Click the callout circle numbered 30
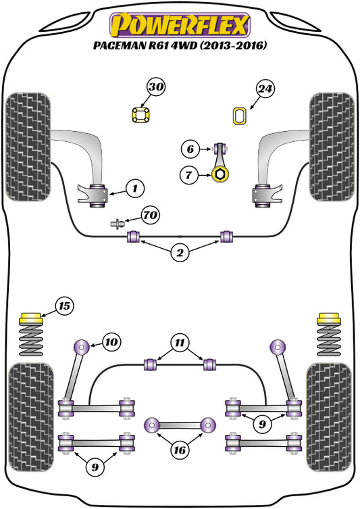tap(157, 87)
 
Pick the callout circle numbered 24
tap(265, 87)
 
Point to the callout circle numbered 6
tap(190, 149)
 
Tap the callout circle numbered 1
tap(135, 187)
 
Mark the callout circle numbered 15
tap(64, 307)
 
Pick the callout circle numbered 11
tap(179, 343)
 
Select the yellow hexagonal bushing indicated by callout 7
tap(220, 176)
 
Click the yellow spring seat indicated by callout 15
tap(32, 318)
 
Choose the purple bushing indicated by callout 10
tap(82, 347)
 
